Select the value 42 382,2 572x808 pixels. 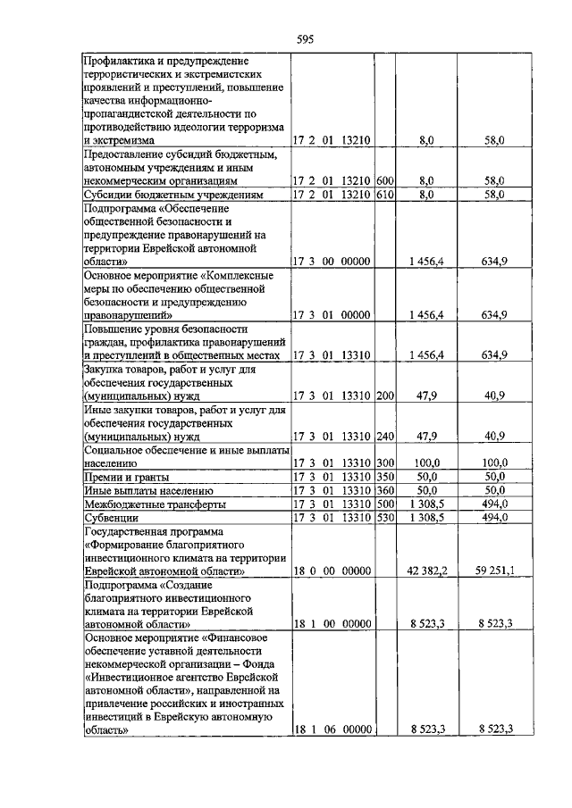click(421, 570)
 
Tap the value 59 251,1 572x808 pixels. click(488, 570)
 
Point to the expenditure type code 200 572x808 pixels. click(385, 395)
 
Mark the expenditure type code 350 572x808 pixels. click(385, 477)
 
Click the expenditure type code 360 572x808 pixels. click(385, 490)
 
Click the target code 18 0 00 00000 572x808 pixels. click(332, 570)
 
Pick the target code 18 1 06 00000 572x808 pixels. click(332, 729)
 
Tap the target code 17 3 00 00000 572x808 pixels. click(332, 262)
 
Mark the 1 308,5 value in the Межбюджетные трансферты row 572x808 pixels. click(425, 504)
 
